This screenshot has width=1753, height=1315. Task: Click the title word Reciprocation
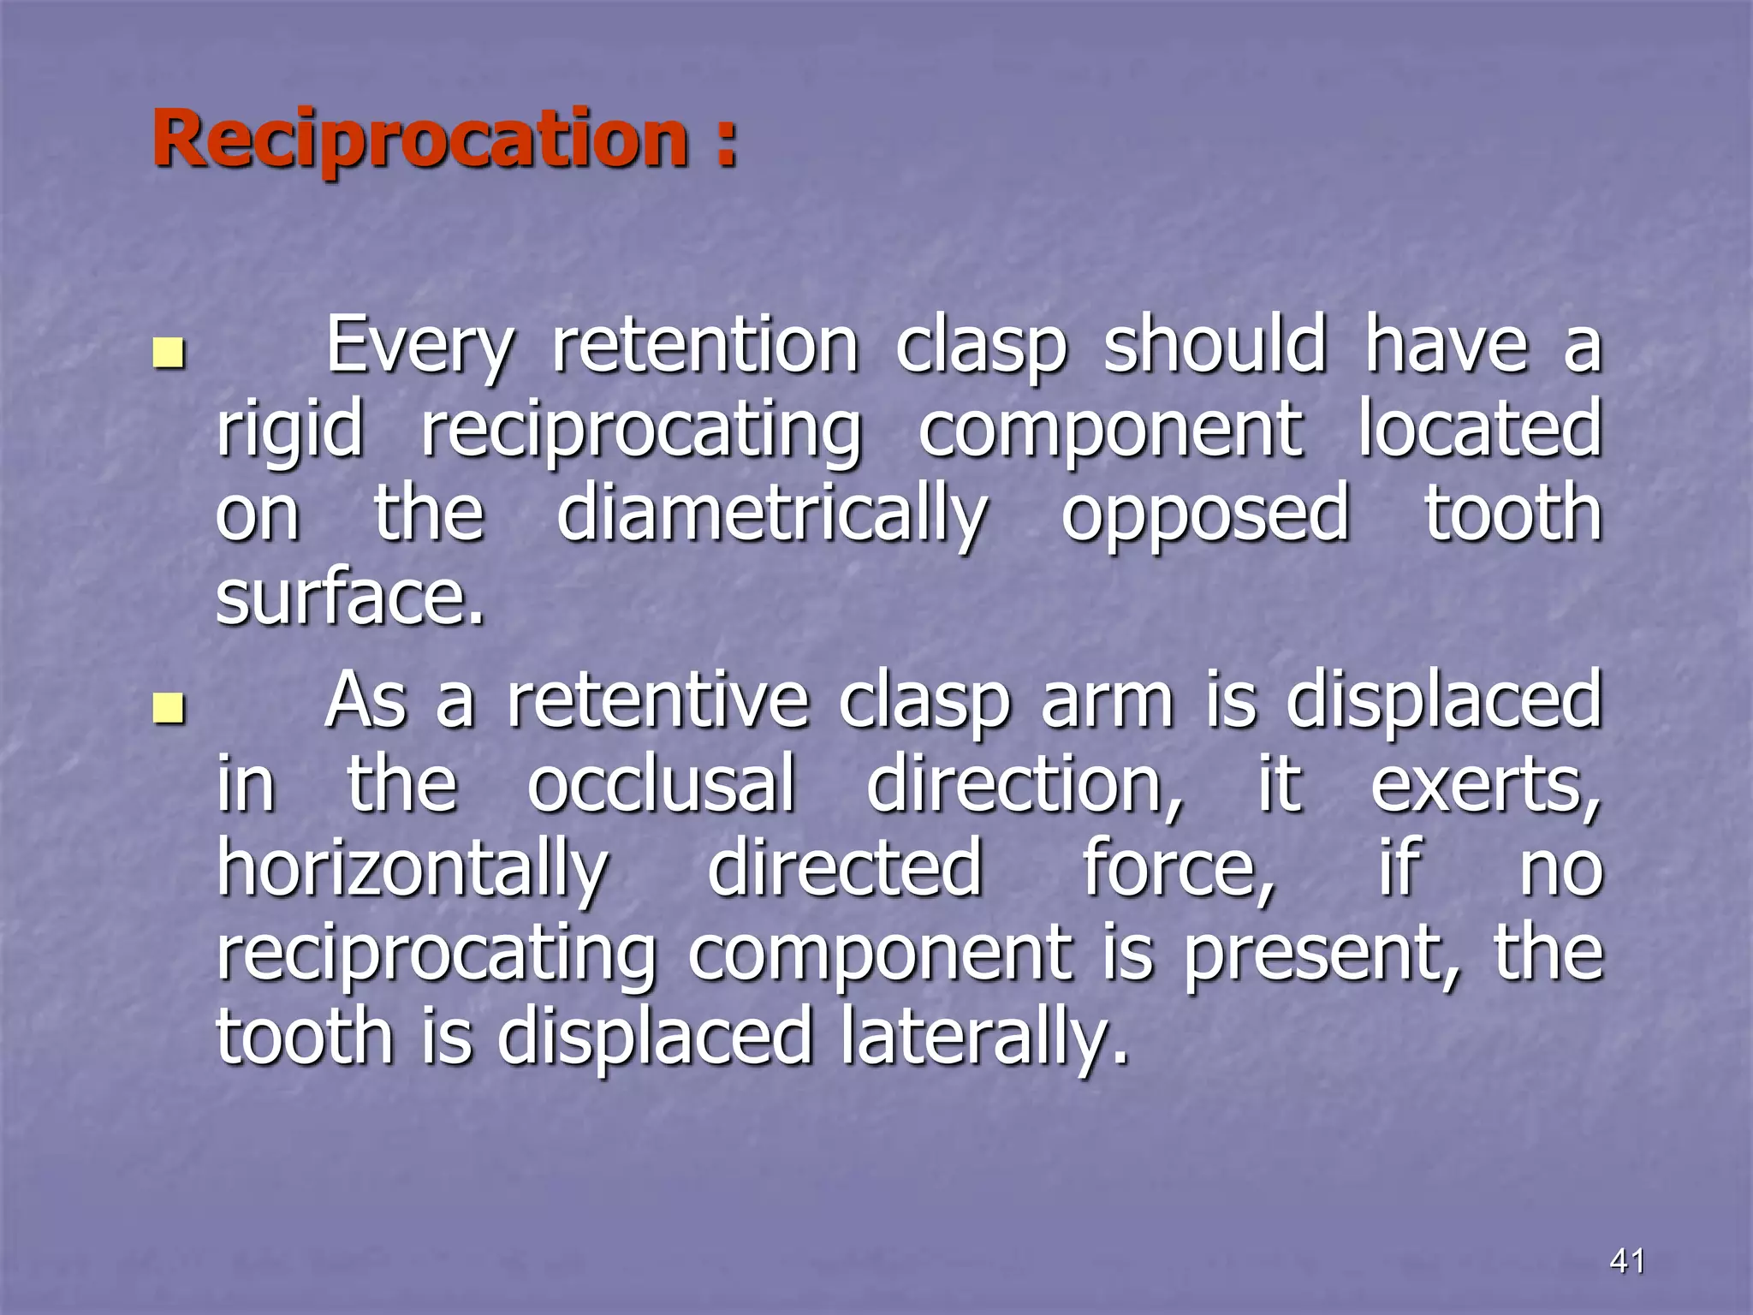click(419, 140)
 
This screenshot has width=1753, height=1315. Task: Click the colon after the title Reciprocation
click(726, 141)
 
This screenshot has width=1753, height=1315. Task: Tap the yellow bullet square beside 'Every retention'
click(169, 353)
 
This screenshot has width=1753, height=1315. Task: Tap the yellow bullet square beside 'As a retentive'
click(169, 707)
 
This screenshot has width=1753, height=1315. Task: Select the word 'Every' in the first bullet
click(419, 347)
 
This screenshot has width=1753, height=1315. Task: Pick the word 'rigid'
click(289, 431)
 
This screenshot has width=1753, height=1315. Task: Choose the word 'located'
click(1479, 429)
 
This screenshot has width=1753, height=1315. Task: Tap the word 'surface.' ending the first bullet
click(350, 597)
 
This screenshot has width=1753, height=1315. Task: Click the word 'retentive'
click(657, 701)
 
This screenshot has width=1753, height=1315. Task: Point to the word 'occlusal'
click(661, 785)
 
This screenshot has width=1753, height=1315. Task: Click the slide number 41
click(1627, 1260)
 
